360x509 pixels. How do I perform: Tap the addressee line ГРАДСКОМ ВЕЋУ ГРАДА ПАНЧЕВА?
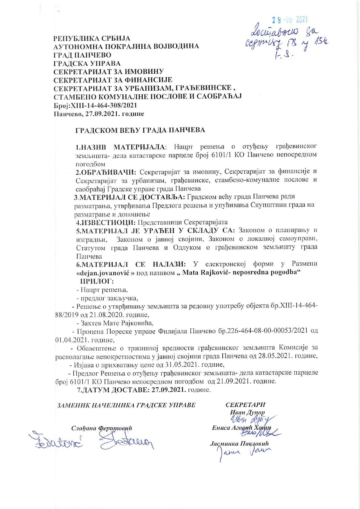140,130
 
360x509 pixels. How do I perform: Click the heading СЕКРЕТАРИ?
245,405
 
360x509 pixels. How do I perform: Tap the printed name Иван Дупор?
247,413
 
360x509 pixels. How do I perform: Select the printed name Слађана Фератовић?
102,428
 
